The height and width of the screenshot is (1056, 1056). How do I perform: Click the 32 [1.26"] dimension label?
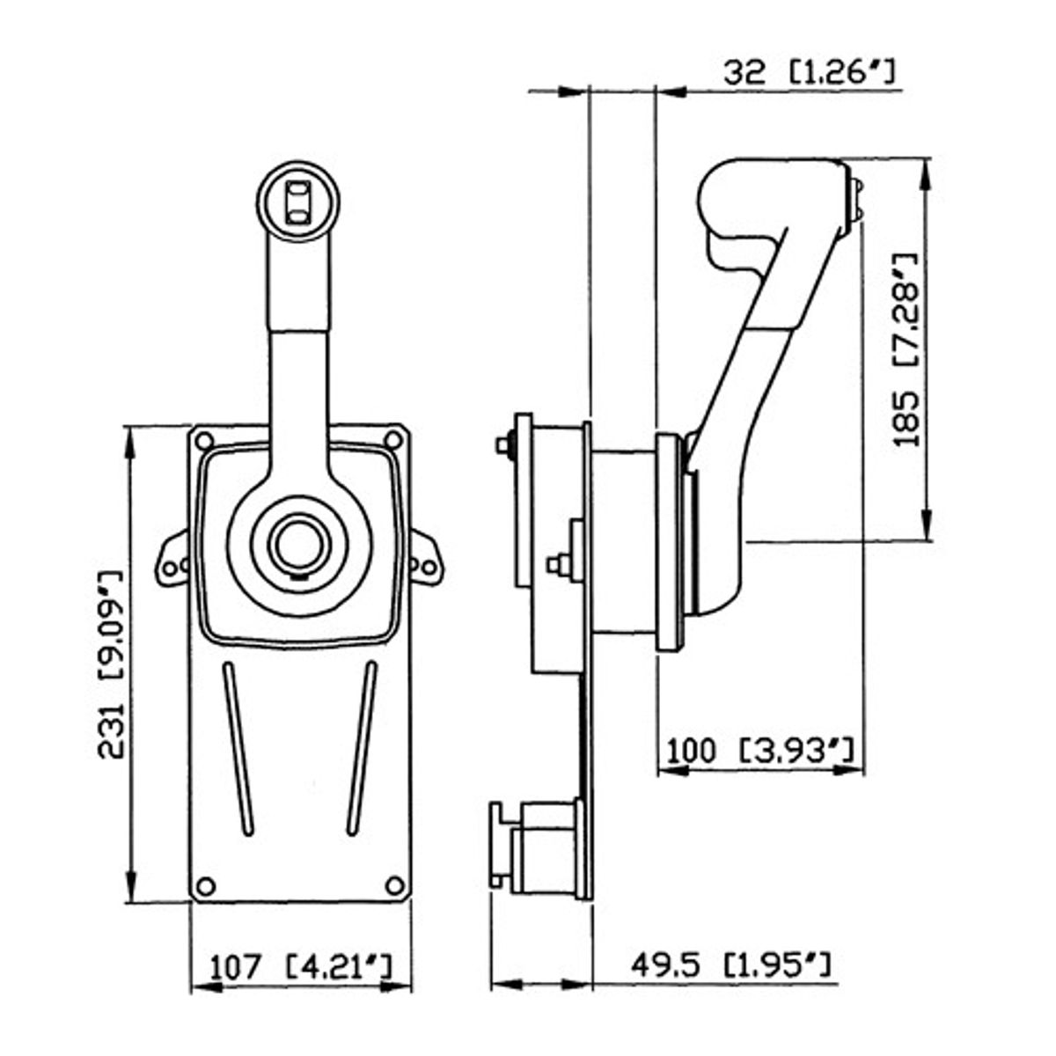[x=810, y=73]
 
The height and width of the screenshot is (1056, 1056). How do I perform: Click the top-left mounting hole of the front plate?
[x=204, y=441]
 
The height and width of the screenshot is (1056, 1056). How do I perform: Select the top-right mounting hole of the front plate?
[x=393, y=441]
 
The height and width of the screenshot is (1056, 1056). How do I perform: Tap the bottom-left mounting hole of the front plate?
[x=204, y=885]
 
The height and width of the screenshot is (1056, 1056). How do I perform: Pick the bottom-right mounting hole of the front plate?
[x=395, y=884]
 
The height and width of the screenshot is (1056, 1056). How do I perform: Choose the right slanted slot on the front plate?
[x=362, y=748]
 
